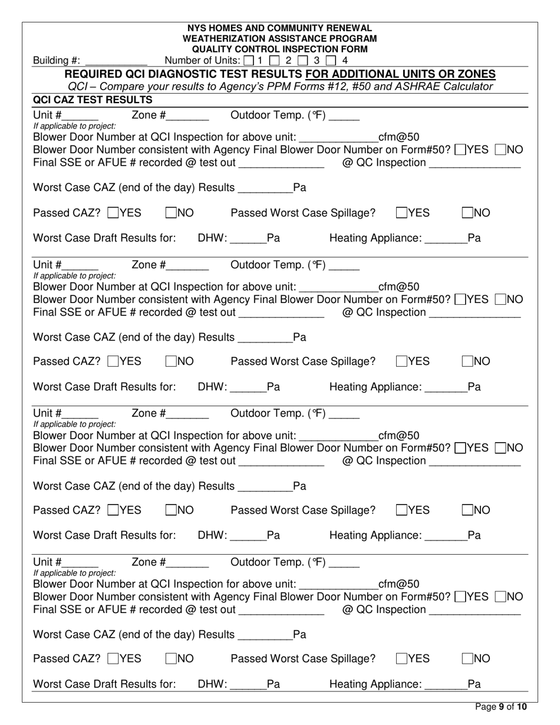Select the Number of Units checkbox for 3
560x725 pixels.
pyautogui.click(x=304, y=60)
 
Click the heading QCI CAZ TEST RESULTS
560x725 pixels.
pyautogui.click(x=93, y=100)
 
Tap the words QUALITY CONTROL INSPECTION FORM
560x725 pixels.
pyautogui.click(x=279, y=49)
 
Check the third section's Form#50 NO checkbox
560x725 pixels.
pyautogui.click(x=500, y=448)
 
